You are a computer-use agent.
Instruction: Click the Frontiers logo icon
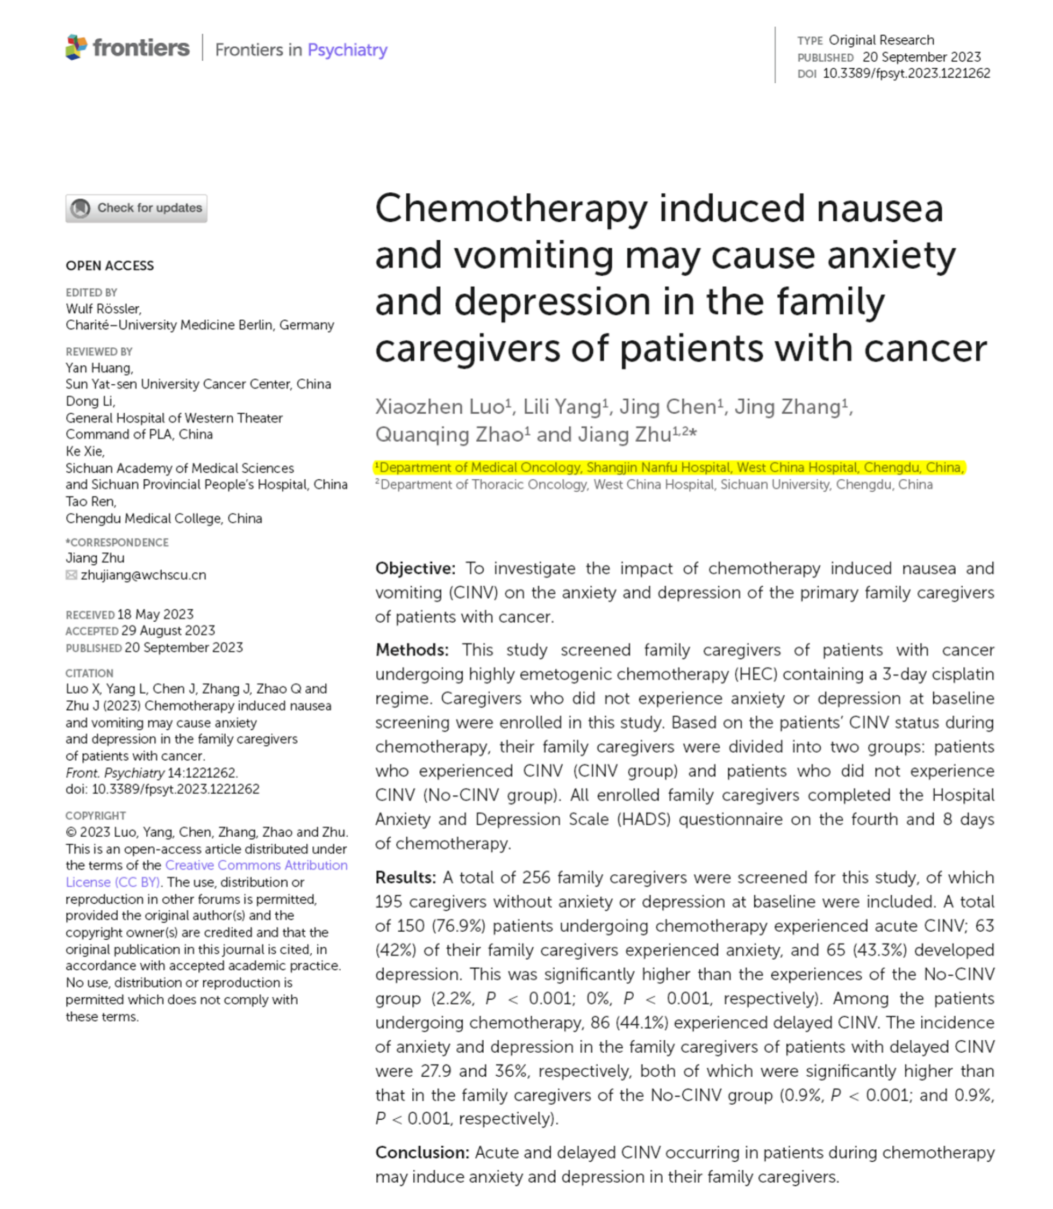coord(76,47)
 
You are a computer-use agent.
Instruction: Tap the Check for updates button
coord(137,208)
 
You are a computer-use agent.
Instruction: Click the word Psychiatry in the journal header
coord(347,50)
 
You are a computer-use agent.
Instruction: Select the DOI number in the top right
coord(906,74)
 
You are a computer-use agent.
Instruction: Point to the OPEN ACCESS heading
coord(110,265)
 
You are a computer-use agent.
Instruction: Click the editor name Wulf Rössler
coord(103,308)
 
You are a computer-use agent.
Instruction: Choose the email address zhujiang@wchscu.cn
coord(144,575)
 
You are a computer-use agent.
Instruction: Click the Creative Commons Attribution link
coord(256,865)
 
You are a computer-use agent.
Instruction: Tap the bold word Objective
coord(415,568)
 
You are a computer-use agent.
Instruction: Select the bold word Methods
coord(411,650)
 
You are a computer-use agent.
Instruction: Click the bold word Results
coord(405,877)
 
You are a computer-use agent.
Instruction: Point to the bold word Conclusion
coord(422,1153)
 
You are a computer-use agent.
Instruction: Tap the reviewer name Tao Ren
coord(91,501)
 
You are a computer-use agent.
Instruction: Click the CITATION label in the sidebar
coord(89,673)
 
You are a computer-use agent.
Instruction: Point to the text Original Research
coord(881,40)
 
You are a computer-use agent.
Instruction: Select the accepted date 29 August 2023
coord(168,630)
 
